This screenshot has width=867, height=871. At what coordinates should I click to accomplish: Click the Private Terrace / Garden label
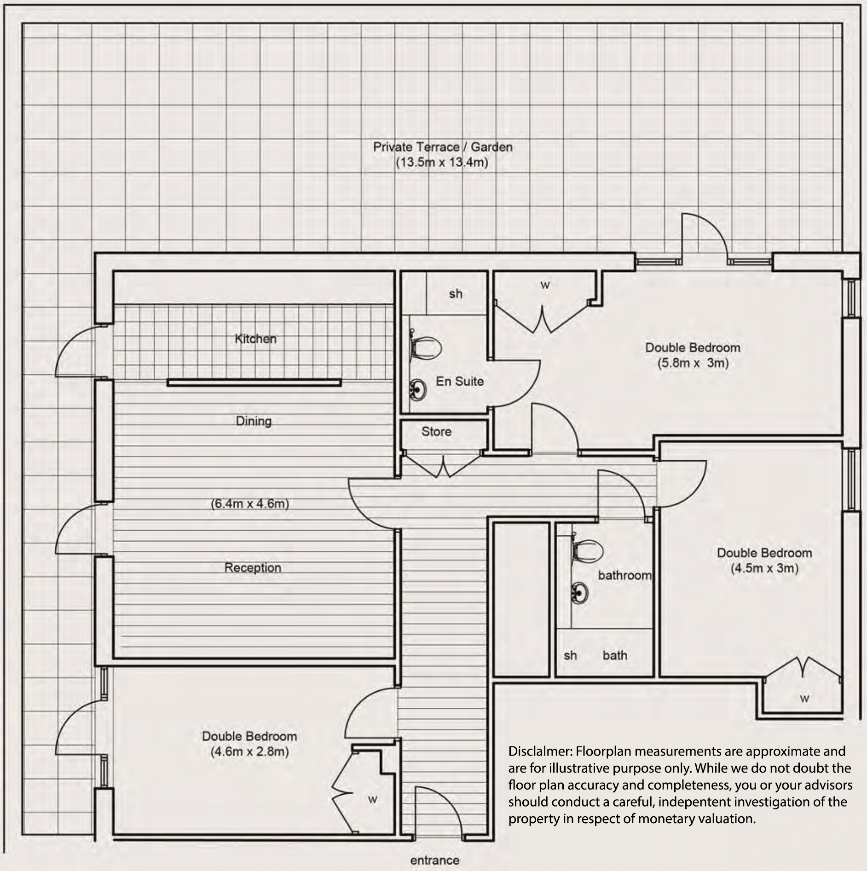[442, 147]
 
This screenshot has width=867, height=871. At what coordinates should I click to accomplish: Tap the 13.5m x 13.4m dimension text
[442, 162]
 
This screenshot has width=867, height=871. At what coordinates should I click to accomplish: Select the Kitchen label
[255, 339]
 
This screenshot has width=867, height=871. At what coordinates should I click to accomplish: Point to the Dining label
[254, 421]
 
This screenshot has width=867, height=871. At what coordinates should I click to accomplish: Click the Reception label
[253, 567]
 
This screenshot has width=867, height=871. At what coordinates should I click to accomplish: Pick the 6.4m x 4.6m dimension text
[250, 504]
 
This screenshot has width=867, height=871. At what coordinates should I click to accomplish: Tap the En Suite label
[460, 381]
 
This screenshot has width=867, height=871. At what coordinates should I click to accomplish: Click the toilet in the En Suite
[426, 348]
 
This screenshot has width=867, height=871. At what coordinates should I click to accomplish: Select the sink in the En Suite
[418, 390]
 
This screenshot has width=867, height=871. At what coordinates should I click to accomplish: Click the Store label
[436, 431]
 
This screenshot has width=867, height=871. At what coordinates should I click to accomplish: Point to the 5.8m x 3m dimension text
[693, 363]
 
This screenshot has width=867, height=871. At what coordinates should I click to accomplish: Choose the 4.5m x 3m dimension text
[764, 568]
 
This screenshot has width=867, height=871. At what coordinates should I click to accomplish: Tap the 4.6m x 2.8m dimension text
[250, 751]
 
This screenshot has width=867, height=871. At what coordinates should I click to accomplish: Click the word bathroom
[624, 575]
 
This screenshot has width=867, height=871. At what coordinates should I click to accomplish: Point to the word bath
[615, 655]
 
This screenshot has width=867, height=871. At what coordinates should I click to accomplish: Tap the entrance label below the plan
[434, 860]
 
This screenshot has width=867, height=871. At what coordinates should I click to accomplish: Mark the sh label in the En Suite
[456, 294]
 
